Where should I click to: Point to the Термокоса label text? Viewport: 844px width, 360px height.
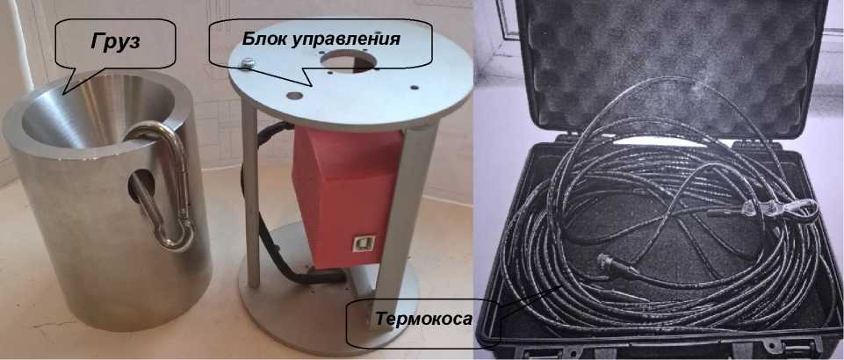423,319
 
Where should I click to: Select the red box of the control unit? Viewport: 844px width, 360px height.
347,197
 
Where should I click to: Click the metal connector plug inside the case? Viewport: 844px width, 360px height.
617,264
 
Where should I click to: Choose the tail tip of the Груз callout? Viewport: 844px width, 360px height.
63,94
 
